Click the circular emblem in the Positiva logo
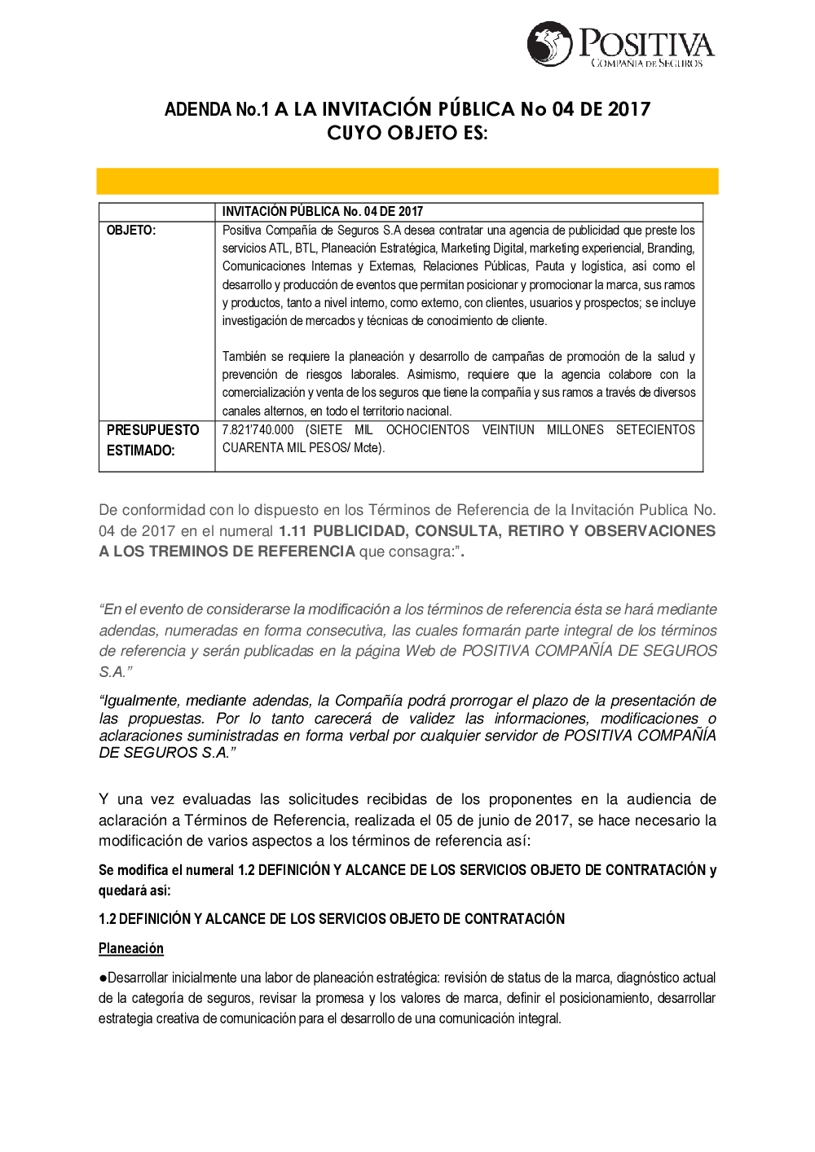tap(549, 44)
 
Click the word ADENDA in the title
tap(197, 109)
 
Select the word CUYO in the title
tap(354, 132)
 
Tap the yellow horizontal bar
tap(407, 181)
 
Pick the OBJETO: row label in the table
tap(130, 231)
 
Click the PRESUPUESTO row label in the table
tap(152, 430)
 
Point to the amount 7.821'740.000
tap(258, 430)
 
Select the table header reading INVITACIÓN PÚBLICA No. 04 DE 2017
tap(323, 212)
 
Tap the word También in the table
tap(244, 357)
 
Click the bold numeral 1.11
tap(293, 531)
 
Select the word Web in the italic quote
tap(420, 651)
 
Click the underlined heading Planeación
tap(131, 948)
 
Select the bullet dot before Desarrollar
tap(103, 978)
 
